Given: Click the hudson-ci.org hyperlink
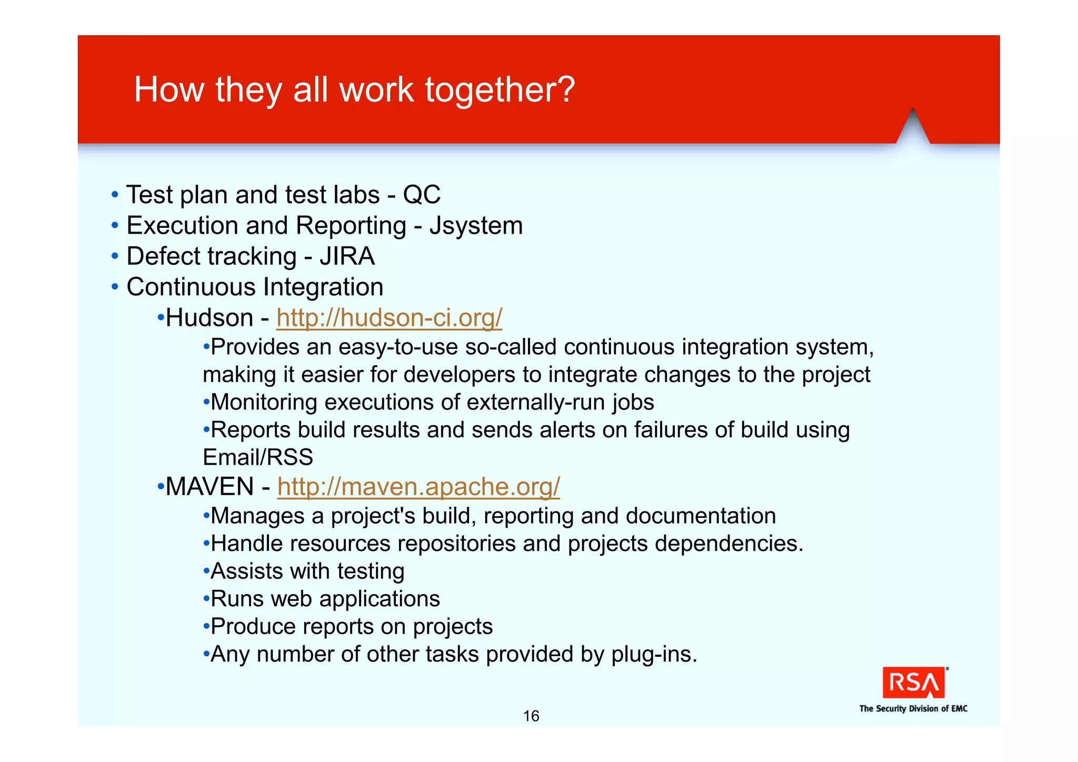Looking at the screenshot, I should click(389, 318).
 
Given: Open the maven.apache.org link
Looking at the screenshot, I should click(418, 487).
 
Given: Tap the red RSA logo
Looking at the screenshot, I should click(913, 683).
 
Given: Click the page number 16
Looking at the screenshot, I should click(531, 716).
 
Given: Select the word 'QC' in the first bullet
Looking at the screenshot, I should click(422, 195).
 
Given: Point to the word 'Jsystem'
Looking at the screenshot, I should click(476, 226).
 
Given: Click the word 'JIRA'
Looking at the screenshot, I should click(347, 257).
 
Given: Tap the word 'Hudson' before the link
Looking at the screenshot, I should click(209, 318).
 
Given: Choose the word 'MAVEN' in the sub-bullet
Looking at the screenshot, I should click(209, 487).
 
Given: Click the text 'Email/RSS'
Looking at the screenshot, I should click(258, 457).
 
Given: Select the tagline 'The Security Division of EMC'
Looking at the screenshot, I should click(913, 709).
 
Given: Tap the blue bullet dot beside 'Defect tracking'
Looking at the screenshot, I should click(115, 257).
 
